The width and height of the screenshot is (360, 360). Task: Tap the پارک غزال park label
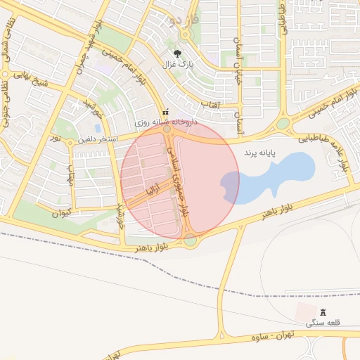click(178, 65)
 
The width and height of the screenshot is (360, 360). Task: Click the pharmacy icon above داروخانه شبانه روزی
click(166, 112)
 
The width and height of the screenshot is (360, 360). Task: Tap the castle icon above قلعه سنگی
click(323, 311)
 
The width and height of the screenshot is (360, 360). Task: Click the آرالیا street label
click(153, 189)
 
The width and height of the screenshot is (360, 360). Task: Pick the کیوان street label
click(63, 211)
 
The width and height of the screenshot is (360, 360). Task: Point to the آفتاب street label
click(212, 105)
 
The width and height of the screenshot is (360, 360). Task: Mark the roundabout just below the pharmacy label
click(167, 129)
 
